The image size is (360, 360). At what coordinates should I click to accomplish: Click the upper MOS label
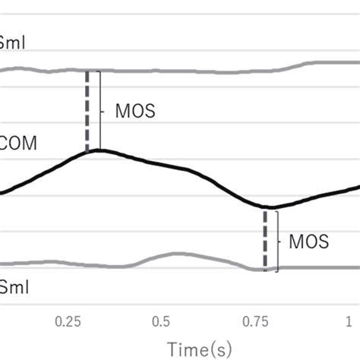pyautogui.click(x=134, y=110)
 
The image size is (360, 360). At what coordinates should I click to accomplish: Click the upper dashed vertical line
pyautogui.click(x=87, y=111)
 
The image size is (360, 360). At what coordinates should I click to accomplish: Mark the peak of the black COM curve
pyautogui.click(x=99, y=150)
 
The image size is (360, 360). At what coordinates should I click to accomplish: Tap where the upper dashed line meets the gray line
pyautogui.click(x=87, y=71)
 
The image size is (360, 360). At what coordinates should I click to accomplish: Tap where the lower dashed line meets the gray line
pyautogui.click(x=265, y=268)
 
